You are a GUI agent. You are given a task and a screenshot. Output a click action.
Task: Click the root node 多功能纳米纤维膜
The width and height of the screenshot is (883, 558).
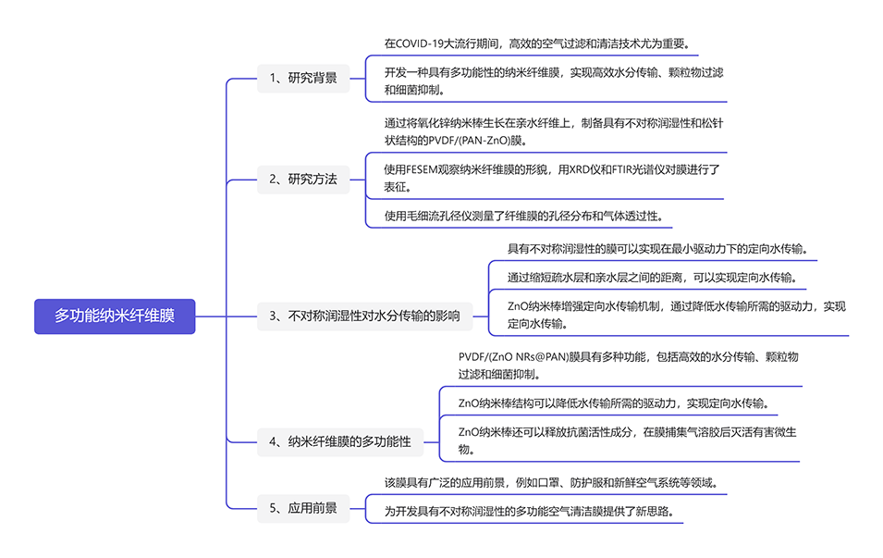[x=115, y=316]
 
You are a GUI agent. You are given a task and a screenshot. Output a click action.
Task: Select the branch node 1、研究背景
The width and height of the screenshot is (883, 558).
[x=303, y=78]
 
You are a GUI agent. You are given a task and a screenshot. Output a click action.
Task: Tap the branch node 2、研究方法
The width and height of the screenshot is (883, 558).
[x=303, y=179]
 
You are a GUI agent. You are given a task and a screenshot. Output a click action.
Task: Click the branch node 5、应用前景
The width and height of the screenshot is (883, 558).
[x=303, y=507]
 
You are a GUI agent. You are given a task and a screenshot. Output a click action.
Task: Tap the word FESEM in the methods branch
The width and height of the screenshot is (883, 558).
[x=427, y=169]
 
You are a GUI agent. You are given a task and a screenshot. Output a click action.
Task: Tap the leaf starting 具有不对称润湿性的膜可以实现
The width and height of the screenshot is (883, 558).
[x=657, y=248]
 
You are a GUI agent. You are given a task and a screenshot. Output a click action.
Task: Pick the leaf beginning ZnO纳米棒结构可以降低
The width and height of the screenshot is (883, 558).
[x=612, y=403]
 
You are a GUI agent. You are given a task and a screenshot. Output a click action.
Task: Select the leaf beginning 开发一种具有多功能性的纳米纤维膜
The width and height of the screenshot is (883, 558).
[x=554, y=81]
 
